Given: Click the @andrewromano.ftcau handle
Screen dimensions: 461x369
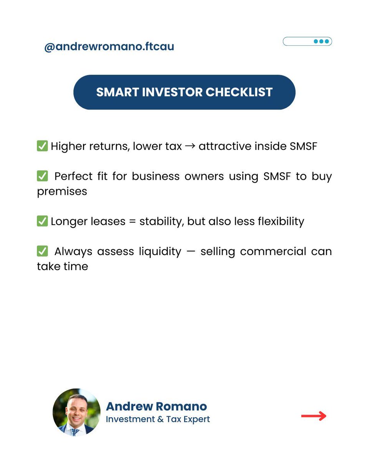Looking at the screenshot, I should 109,47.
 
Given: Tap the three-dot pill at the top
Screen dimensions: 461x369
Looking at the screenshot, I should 307,41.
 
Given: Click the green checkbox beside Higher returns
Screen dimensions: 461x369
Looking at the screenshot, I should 42,146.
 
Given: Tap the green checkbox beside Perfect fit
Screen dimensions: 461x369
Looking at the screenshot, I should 42,176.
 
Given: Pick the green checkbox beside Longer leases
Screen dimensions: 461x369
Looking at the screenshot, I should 42,221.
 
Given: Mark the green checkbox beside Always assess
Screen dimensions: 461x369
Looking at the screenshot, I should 42,251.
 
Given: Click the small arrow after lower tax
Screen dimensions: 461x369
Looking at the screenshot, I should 190,146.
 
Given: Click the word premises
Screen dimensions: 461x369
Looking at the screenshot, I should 62,191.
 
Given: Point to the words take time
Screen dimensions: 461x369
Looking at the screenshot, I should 62,266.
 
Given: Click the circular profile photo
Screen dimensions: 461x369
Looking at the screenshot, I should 76,412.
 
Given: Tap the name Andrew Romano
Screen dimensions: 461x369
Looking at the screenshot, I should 156,406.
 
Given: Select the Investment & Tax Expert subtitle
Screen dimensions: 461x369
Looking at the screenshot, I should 158,419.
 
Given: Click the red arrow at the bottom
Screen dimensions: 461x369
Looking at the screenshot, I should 314,416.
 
